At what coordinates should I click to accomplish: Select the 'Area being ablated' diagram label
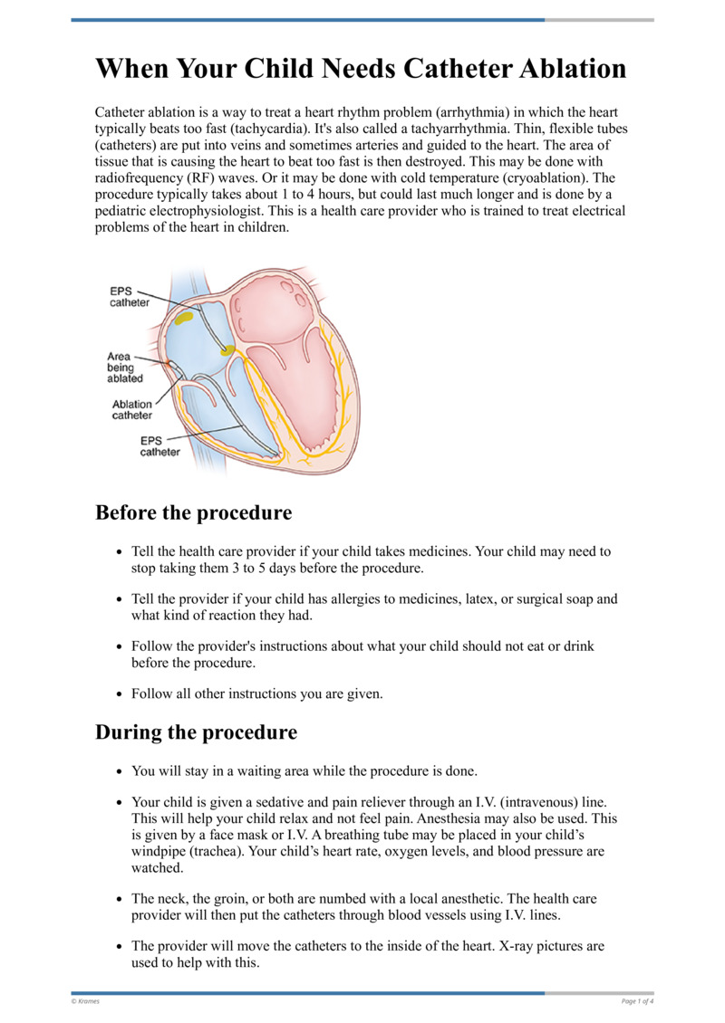tap(120, 368)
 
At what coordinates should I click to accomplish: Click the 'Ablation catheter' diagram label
tap(132, 410)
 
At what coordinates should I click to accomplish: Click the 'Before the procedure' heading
tap(193, 512)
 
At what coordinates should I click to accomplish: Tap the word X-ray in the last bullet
tap(518, 946)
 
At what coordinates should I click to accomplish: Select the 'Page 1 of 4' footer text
tap(637, 1000)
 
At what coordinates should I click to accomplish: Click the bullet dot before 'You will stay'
tap(120, 772)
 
